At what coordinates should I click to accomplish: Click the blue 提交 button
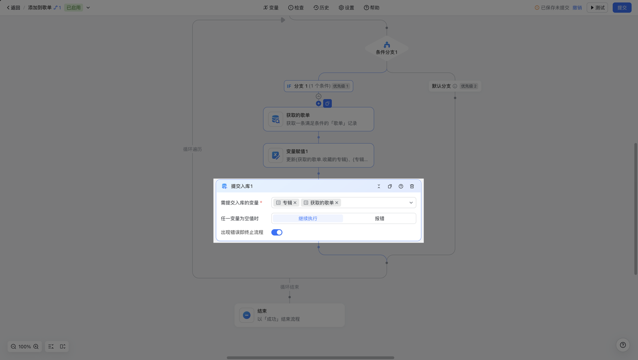[622, 8]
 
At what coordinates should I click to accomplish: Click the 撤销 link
[577, 8]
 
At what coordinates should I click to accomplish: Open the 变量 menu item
[271, 8]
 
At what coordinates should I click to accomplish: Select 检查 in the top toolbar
[296, 8]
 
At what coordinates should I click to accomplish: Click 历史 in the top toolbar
[321, 8]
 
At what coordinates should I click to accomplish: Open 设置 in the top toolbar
[346, 8]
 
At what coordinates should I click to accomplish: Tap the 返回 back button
[13, 8]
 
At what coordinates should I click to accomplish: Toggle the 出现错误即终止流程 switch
[277, 232]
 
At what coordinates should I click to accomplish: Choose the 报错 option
[379, 219]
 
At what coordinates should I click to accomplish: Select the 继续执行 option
[308, 219]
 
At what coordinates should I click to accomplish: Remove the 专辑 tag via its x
[295, 202]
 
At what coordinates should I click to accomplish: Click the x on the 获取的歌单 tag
[337, 202]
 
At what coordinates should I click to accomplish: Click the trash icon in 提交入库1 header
[412, 186]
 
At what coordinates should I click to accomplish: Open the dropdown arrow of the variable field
[411, 202]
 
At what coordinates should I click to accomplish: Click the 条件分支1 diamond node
[387, 48]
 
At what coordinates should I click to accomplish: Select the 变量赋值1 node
[318, 156]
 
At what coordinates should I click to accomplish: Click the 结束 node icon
[247, 315]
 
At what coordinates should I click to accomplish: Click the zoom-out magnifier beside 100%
[13, 346]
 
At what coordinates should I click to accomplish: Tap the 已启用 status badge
[73, 8]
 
